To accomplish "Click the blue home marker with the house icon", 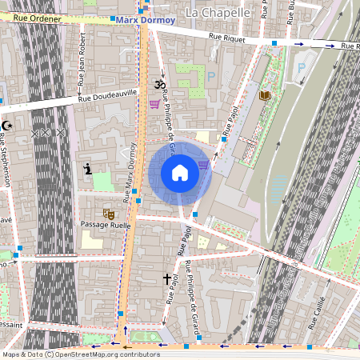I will click(180, 173).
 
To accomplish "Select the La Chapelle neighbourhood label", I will click(218, 12).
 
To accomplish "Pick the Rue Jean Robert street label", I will click(81, 65).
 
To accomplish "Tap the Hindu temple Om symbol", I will click(158, 85).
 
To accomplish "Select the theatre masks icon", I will click(108, 214).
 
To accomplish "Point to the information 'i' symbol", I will click(88, 169).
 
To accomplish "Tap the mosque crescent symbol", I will click(7, 126).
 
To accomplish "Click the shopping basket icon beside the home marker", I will click(204, 165).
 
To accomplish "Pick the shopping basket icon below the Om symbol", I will click(154, 103).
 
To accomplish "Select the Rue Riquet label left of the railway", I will click(226, 35).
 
